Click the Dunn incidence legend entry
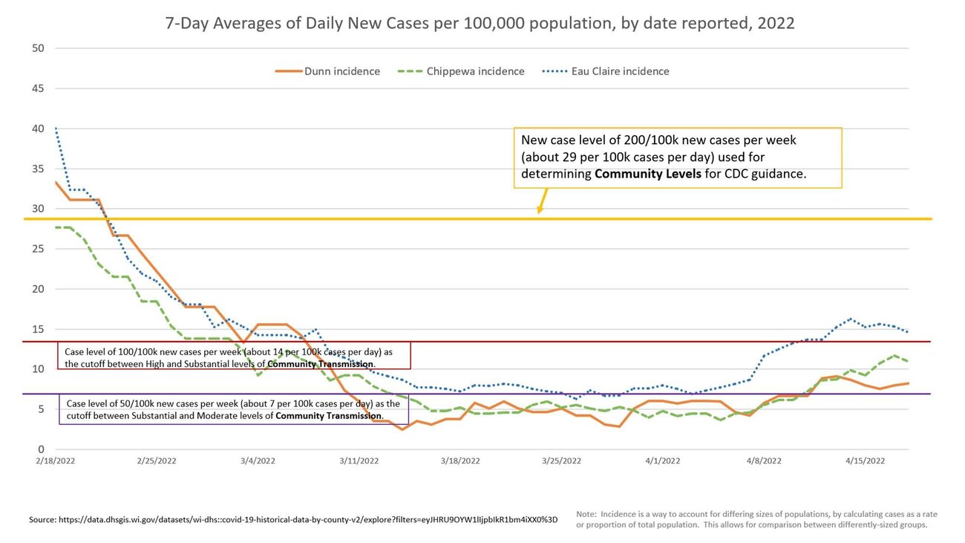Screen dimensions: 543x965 click(328, 71)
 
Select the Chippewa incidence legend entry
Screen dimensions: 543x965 click(462, 71)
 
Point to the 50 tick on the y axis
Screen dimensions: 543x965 click(39, 48)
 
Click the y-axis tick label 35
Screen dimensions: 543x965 click(39, 169)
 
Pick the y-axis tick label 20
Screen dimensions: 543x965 click(39, 289)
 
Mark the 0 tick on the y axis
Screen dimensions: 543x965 click(42, 449)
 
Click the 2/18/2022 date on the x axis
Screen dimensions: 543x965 click(55, 461)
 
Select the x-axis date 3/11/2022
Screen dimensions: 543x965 click(359, 461)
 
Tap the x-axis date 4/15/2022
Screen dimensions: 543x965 click(865, 461)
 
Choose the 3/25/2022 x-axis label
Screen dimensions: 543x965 click(561, 461)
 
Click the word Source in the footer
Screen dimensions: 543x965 click(43, 519)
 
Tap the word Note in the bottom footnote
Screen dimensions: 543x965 click(586, 513)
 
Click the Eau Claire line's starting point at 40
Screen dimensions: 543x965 click(56, 129)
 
